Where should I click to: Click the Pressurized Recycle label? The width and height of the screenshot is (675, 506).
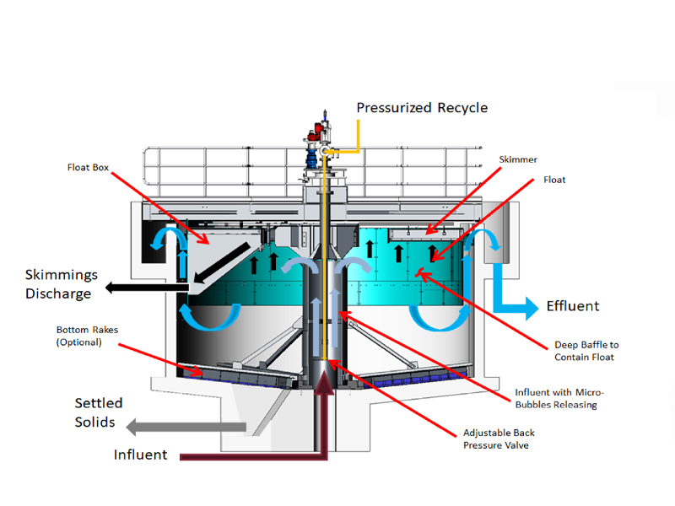(422, 108)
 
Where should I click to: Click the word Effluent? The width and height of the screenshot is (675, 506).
(574, 306)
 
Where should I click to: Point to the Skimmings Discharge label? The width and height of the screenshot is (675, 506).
(61, 284)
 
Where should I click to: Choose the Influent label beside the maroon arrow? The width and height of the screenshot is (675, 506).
(141, 455)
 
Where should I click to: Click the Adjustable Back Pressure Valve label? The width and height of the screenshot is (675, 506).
(499, 439)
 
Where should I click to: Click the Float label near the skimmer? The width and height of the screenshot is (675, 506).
(554, 180)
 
